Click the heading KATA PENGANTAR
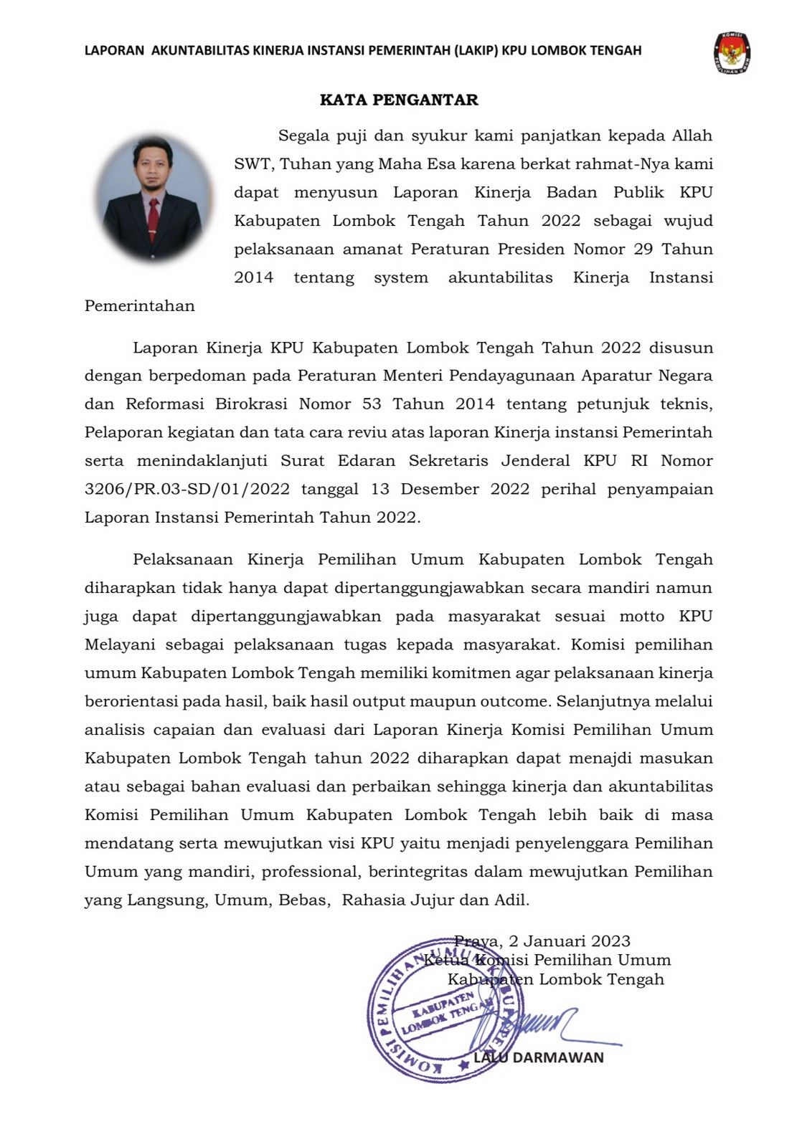coord(399,100)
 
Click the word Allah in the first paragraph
coord(692,135)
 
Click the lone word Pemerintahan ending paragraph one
coord(140,306)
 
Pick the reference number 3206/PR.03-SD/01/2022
coord(187,490)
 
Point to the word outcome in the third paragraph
coord(515,701)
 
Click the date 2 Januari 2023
coord(570,941)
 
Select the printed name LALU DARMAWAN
coord(539,1057)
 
